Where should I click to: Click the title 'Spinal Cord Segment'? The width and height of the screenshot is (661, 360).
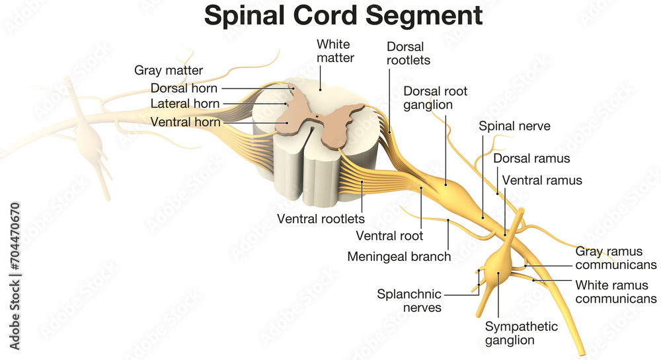coord(343,15)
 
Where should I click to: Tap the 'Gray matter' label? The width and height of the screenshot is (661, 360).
coord(169,70)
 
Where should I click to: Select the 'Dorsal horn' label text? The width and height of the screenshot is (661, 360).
coord(184,87)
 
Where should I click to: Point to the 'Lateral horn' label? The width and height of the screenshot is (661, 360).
coord(184,104)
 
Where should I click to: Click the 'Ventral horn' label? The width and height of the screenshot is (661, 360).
coord(185,122)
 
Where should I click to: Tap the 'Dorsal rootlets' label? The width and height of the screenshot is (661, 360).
coord(408,54)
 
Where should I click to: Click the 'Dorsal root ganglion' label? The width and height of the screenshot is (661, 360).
coord(436,97)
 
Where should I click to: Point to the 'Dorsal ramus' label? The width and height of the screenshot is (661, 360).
coord(531,159)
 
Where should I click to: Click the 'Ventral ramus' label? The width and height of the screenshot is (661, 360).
coord(542,180)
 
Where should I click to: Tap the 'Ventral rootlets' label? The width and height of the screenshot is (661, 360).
coord(321,218)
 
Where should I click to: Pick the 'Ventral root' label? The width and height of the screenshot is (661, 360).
coord(389,235)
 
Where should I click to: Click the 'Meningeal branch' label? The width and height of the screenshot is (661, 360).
coord(399,256)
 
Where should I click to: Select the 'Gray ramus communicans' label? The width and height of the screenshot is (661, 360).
coord(615,258)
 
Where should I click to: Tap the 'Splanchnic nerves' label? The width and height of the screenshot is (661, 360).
coord(409,300)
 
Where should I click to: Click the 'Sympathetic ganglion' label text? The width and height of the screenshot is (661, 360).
coord(521,334)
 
